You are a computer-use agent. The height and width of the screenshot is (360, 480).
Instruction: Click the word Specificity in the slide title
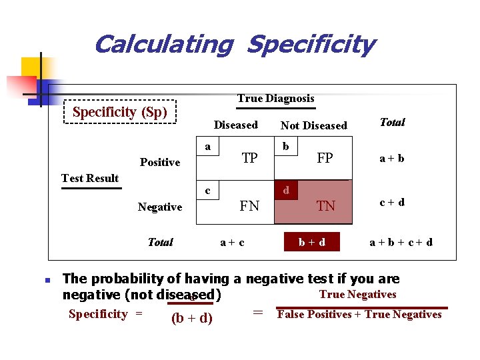(x=311, y=45)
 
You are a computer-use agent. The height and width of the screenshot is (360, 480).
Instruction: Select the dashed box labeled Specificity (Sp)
(x=120, y=112)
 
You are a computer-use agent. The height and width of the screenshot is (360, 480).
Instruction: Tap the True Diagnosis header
(x=275, y=99)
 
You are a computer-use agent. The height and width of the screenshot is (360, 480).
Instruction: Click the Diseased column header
(x=235, y=125)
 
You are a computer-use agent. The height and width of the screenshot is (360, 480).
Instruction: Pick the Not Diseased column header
(x=313, y=125)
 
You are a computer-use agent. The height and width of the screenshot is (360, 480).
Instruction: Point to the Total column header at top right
(x=392, y=122)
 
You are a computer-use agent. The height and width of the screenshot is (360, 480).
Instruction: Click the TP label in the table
(x=250, y=158)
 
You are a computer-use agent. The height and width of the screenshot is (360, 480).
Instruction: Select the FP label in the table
(x=325, y=158)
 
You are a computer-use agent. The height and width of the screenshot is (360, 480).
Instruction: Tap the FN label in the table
(x=249, y=206)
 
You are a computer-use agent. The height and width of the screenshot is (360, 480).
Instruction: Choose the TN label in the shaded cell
(x=325, y=207)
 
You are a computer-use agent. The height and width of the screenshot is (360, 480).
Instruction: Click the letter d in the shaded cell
(x=286, y=191)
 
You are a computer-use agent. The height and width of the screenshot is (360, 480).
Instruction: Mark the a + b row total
(x=392, y=159)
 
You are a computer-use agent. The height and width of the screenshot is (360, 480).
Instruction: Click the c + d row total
(x=392, y=202)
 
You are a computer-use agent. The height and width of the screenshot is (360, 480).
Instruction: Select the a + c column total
(x=232, y=242)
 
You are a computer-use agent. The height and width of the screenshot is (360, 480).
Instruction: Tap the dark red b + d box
(x=312, y=242)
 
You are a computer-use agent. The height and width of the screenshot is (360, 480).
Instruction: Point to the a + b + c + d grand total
(x=401, y=242)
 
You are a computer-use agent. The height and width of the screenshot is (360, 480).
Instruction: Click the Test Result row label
(x=90, y=178)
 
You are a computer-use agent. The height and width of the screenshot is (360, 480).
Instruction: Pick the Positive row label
(x=160, y=162)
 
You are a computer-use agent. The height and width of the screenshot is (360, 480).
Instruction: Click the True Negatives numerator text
(x=357, y=295)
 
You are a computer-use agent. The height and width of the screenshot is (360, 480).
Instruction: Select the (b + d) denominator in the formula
(x=192, y=318)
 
